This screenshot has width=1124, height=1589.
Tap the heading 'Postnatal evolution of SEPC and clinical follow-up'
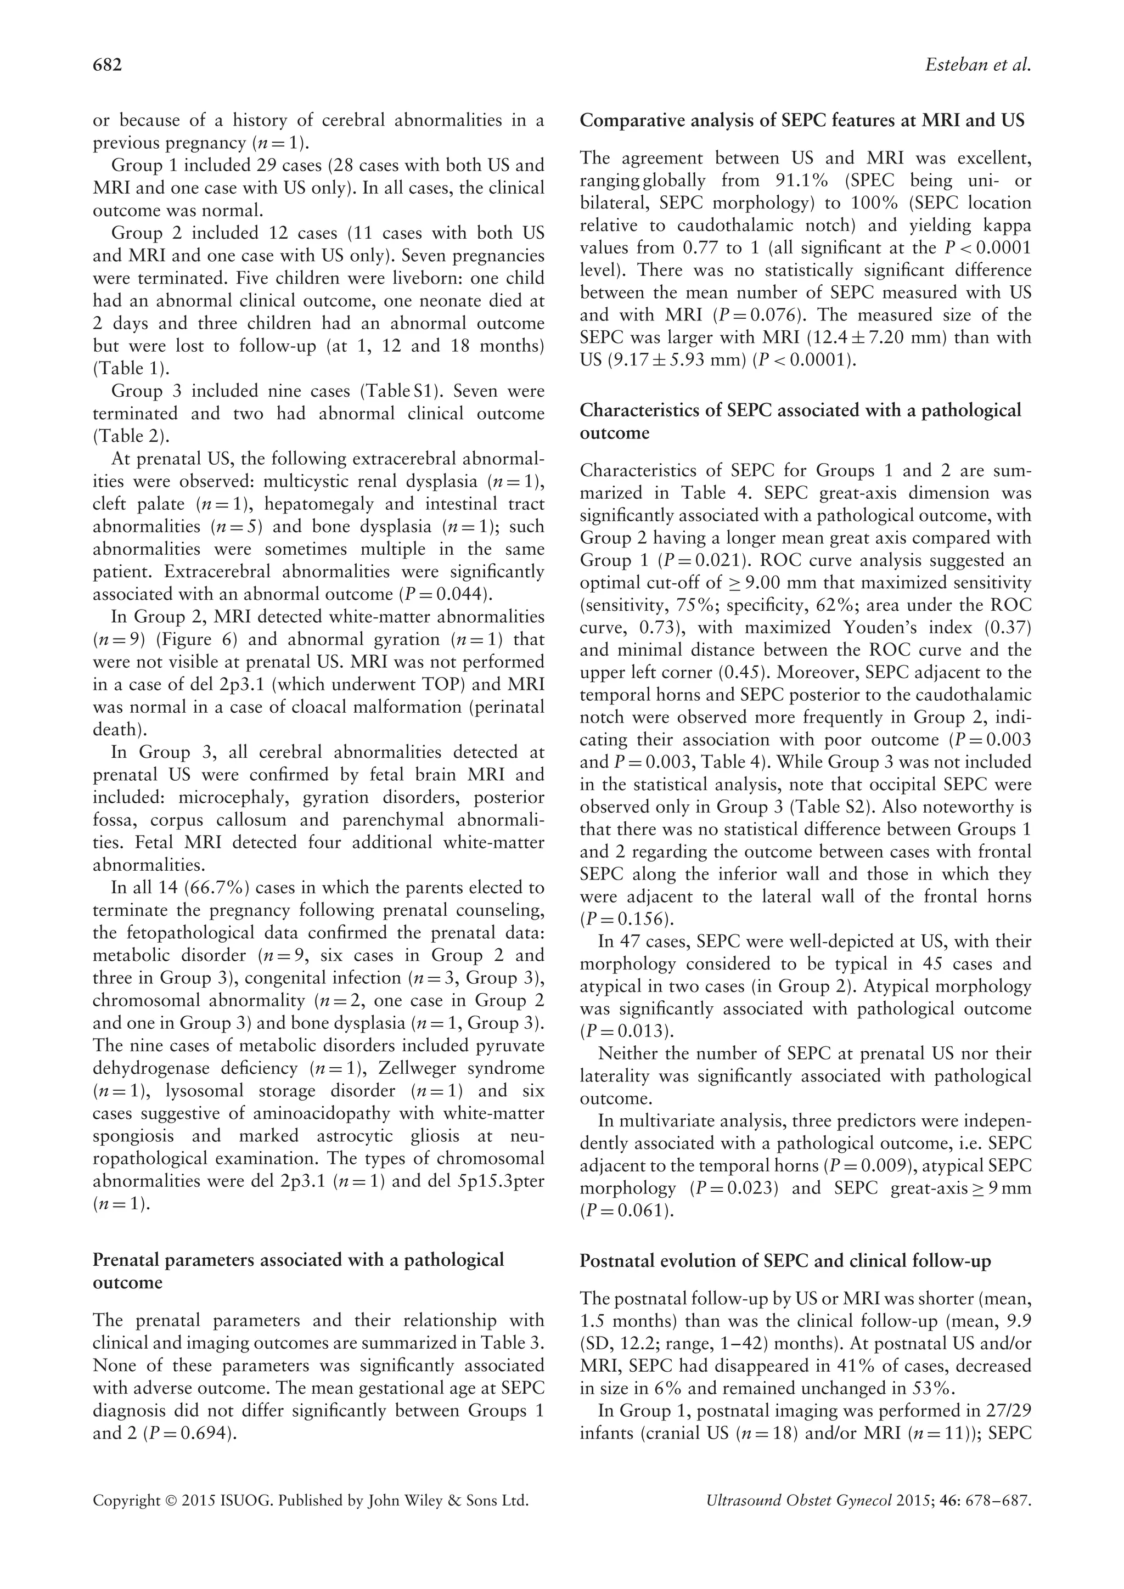(x=785, y=1261)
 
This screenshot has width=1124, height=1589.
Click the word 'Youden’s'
(x=902, y=628)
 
